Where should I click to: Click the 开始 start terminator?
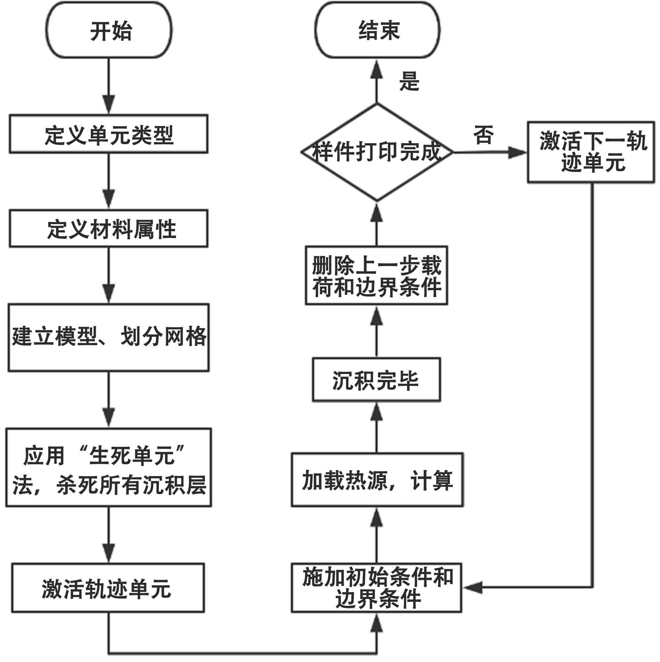click(x=109, y=30)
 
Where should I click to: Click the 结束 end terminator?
click(x=378, y=30)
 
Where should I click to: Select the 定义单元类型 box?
click(x=109, y=134)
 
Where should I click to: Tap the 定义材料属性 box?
click(x=109, y=229)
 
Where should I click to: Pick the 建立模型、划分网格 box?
click(x=109, y=337)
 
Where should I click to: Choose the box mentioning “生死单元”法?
click(x=109, y=467)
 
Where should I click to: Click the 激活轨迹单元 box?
click(x=108, y=588)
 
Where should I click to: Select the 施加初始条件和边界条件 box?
click(x=377, y=588)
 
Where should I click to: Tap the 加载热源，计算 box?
click(x=377, y=480)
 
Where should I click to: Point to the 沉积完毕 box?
click(x=376, y=380)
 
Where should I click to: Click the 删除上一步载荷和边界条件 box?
click(x=376, y=276)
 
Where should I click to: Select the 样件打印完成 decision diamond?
click(x=377, y=152)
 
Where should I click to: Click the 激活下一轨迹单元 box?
click(x=591, y=152)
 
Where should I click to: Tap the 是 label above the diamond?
click(x=409, y=81)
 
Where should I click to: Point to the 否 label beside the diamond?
click(x=483, y=135)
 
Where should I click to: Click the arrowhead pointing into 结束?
click(x=377, y=70)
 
